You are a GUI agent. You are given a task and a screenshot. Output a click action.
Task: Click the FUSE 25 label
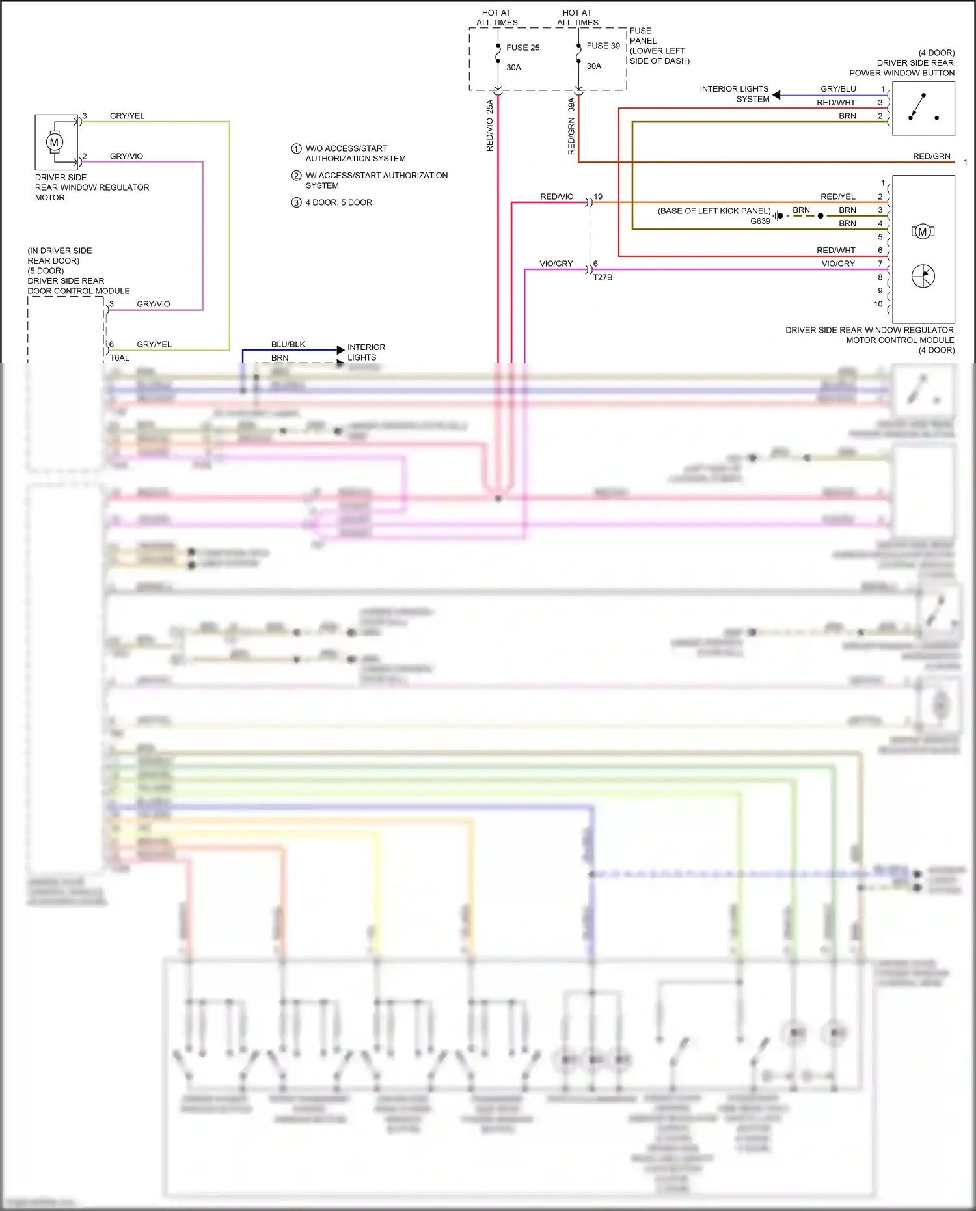pos(522,48)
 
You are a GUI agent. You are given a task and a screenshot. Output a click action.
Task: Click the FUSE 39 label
pos(603,46)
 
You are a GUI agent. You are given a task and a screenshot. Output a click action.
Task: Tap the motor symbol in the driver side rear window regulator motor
pos(54,142)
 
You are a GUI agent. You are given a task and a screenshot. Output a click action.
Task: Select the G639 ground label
pos(760,221)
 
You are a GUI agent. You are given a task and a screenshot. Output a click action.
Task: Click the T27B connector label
pos(603,277)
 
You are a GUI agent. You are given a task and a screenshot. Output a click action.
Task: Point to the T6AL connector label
pos(120,358)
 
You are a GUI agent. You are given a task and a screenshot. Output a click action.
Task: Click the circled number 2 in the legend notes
pos(296,176)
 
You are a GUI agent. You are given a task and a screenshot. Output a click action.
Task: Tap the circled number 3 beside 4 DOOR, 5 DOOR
pos(296,202)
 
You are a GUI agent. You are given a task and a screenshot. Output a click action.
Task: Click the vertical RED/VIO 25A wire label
pos(490,126)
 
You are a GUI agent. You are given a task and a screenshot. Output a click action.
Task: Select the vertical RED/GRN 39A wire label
pos(571,126)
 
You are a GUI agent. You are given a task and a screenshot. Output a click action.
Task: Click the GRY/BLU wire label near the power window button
pos(838,89)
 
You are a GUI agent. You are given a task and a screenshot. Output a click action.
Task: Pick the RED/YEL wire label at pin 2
pos(837,197)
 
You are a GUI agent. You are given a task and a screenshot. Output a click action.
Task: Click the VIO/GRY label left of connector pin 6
pos(556,264)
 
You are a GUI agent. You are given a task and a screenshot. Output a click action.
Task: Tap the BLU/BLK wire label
pos(288,344)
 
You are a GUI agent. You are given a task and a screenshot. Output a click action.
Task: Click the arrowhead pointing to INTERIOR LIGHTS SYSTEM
pos(776,95)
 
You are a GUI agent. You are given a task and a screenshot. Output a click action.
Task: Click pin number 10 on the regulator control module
pos(878,304)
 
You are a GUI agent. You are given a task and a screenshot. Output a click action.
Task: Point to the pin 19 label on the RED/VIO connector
pos(598,197)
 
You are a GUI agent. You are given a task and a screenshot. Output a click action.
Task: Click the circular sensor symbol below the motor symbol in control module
pos(923,276)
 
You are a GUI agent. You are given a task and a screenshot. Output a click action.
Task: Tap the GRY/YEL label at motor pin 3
pos(127,116)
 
